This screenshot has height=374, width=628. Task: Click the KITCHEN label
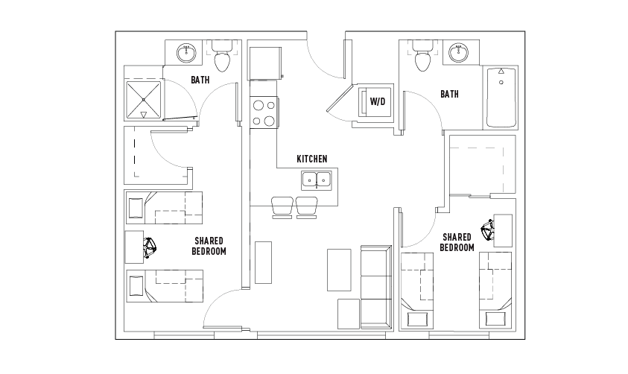312,159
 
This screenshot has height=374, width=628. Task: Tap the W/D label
377,101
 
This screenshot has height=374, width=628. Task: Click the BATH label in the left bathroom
200,80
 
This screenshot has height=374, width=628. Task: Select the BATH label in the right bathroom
449,94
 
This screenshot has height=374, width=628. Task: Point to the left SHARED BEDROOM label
209,246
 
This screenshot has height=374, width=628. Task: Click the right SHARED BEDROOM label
457,242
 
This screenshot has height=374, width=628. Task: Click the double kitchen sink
317,180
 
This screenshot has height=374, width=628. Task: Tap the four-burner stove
264,112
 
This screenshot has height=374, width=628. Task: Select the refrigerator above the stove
265,63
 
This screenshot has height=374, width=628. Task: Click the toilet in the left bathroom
222,56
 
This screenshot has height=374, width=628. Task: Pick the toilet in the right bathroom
422,56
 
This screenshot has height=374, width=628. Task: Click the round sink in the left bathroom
187,53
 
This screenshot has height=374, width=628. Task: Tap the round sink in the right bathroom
458,52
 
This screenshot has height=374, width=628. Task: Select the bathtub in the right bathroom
501,98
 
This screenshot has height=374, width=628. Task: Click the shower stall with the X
143,100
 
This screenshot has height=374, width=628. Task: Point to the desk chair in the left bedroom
150,247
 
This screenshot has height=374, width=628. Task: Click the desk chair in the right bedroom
488,230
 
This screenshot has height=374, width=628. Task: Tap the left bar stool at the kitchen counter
282,207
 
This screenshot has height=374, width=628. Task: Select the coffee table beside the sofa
339,270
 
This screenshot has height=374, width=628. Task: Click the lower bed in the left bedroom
165,286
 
